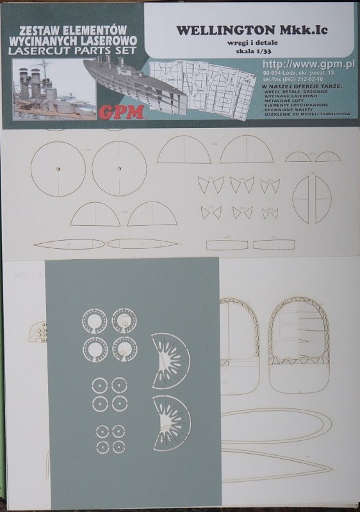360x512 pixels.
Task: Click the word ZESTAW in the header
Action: click(x=42, y=29)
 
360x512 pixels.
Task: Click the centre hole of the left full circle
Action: click(x=56, y=169)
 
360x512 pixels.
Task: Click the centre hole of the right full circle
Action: click(x=119, y=169)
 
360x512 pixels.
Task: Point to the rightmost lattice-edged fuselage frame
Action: click(x=297, y=333)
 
